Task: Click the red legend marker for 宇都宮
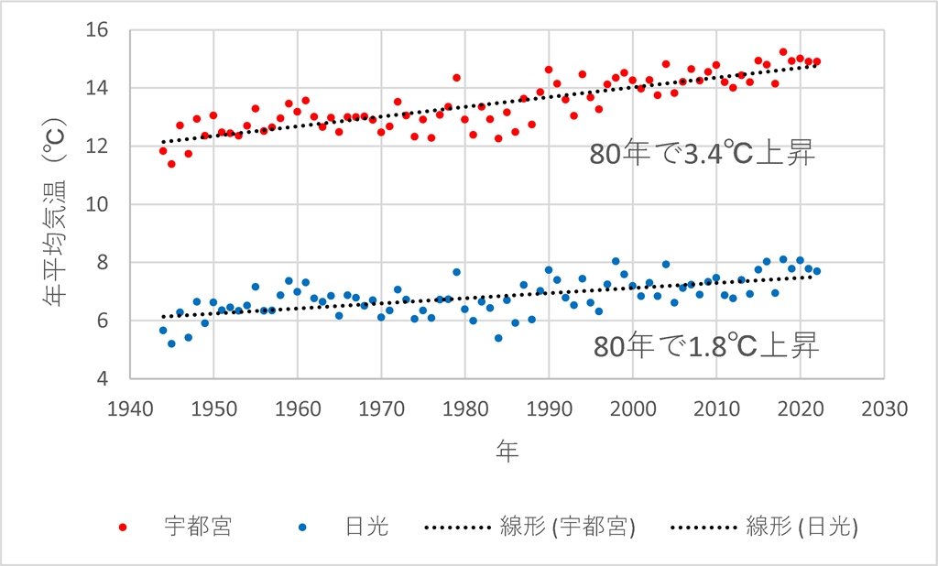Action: click(125, 527)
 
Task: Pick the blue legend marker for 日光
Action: click(303, 527)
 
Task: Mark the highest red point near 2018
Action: click(783, 52)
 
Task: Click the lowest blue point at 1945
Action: click(171, 343)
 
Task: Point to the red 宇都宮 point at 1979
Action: click(456, 78)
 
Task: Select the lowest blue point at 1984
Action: click(498, 338)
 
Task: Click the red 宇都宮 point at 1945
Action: click(171, 164)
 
